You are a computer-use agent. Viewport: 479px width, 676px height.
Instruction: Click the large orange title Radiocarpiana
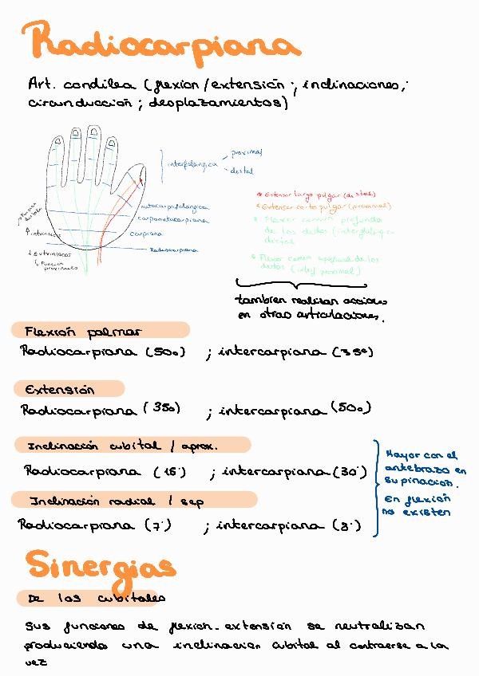pyautogui.click(x=160, y=44)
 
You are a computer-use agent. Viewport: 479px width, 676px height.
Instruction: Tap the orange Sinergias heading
pyautogui.click(x=100, y=564)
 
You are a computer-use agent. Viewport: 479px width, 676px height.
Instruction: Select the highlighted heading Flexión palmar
pyautogui.click(x=83, y=331)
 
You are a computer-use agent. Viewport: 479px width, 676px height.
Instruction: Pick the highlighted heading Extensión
pyautogui.click(x=60, y=390)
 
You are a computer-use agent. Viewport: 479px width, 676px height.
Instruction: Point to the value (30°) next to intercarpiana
pyautogui.click(x=349, y=471)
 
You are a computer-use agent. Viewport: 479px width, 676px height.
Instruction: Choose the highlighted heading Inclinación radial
pyautogui.click(x=116, y=501)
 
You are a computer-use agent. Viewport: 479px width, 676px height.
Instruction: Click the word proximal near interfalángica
pyautogui.click(x=246, y=152)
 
